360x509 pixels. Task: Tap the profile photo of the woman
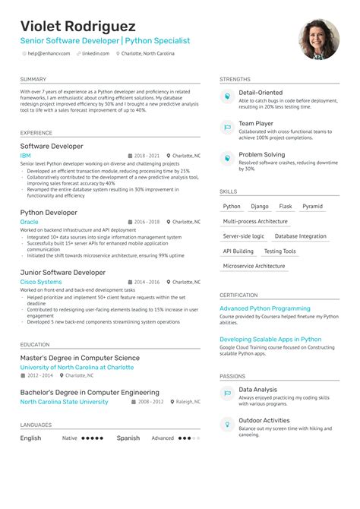(x=319, y=39)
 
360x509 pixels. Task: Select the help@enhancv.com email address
(x=49, y=53)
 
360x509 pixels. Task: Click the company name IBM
(x=25, y=155)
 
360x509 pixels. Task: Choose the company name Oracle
(x=29, y=222)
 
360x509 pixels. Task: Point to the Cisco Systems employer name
(x=41, y=282)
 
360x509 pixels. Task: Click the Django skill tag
(x=260, y=207)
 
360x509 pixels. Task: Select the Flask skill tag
(x=286, y=207)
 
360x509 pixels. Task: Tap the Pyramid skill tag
(x=312, y=207)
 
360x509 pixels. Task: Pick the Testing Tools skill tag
(x=279, y=251)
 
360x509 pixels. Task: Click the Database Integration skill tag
(x=301, y=236)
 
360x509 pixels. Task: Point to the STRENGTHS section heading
(x=235, y=80)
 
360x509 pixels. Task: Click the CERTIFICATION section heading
(x=238, y=296)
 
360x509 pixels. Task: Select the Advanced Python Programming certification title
(x=265, y=309)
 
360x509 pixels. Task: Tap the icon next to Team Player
(x=226, y=128)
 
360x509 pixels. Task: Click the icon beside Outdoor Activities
(x=226, y=425)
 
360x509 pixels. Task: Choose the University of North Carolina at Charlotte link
(x=77, y=367)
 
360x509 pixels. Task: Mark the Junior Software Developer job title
(x=63, y=272)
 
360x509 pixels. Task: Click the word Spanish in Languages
(x=128, y=438)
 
